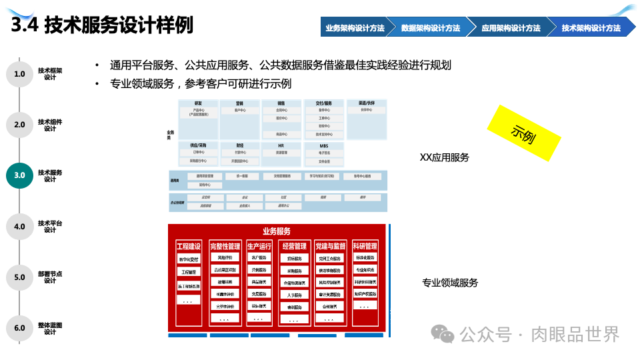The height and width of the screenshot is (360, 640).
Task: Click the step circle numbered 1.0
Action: tap(19, 73)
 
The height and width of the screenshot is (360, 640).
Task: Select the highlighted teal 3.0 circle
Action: tap(19, 175)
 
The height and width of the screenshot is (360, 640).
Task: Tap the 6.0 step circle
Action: tap(19, 328)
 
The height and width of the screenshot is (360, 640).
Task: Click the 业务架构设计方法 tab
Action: tap(355, 28)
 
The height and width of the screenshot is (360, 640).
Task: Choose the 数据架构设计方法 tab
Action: tap(431, 28)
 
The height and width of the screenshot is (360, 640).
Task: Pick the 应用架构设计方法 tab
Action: tap(511, 28)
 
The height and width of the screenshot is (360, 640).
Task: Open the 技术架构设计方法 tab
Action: tap(591, 28)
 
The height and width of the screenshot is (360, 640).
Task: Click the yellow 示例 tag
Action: tap(524, 133)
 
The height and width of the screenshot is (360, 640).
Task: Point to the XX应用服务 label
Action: tap(444, 158)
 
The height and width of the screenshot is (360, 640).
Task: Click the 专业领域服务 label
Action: tap(450, 283)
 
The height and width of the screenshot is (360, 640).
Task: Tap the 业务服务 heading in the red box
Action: tap(277, 231)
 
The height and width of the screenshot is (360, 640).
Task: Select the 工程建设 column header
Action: tap(188, 246)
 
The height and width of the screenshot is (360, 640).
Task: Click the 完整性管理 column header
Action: tap(225, 246)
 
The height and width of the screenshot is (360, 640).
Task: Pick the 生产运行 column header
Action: tap(259, 246)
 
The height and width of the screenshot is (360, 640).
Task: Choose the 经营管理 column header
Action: tap(294, 246)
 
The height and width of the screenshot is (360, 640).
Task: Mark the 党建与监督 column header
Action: tap(331, 246)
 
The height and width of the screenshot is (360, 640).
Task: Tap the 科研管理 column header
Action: tap(365, 246)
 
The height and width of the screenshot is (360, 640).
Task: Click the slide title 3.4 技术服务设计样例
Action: tap(103, 25)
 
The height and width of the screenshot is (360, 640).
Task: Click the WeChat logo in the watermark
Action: tap(443, 333)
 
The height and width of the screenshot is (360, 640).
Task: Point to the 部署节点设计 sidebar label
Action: tap(50, 277)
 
